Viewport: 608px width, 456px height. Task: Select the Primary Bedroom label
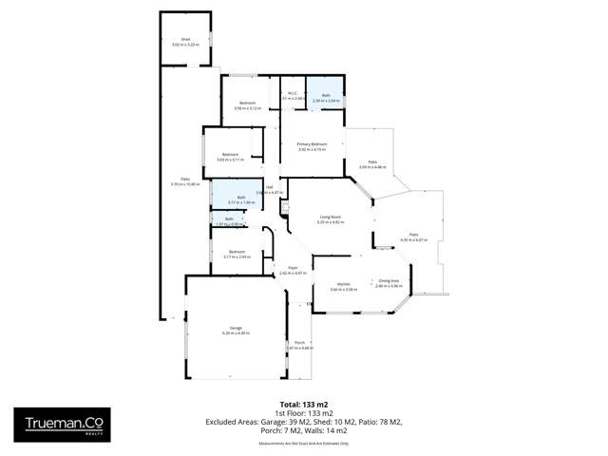[x=312, y=146]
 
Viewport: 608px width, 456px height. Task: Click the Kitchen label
[x=345, y=284]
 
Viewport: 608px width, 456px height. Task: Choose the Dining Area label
[x=389, y=282]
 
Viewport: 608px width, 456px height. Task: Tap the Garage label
[x=235, y=330]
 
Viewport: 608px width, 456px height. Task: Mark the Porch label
[x=299, y=345]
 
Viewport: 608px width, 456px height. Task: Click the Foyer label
[x=293, y=271]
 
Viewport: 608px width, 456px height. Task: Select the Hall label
[x=270, y=189]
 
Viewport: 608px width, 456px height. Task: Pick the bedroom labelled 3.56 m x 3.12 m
[x=247, y=105]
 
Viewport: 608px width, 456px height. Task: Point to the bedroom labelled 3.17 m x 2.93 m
[x=237, y=254]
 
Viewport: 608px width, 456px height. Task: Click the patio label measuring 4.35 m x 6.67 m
[x=414, y=237]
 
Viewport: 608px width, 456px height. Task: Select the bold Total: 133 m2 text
[x=304, y=403]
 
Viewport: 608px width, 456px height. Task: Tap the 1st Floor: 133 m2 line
[x=304, y=412]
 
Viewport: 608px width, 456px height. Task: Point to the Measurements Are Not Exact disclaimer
[x=304, y=443]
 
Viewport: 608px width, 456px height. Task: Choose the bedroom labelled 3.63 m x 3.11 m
[x=230, y=157]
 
